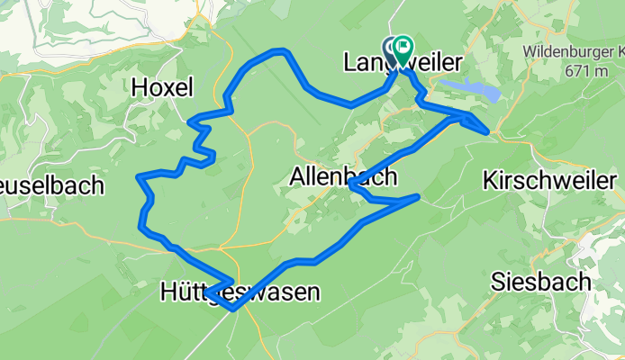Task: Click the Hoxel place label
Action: (162, 87)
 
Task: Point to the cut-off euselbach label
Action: (51, 186)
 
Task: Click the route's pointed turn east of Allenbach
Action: (419, 195)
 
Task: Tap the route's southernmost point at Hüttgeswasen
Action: (233, 308)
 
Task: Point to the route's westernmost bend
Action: (138, 177)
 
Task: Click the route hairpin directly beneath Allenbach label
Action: (350, 185)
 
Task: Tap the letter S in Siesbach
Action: (498, 282)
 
